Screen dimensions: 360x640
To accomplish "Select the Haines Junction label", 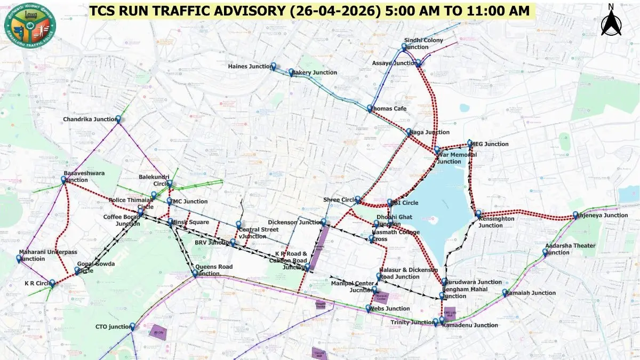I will (250, 67).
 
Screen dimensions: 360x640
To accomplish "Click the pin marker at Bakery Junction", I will (292, 72).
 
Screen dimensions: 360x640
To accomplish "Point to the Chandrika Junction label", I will (89, 119).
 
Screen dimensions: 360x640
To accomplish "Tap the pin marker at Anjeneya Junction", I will (576, 215).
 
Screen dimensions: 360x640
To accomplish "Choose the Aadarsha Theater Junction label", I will (570, 249).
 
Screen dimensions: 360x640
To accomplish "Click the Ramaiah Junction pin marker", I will (505, 293).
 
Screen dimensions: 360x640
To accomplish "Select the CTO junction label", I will (112, 326).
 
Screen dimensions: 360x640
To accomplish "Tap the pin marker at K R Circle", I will (52, 283).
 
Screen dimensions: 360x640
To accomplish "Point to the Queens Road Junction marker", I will (195, 273).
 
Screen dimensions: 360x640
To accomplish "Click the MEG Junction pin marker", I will (470, 143).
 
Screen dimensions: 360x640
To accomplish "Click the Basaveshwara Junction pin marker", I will (63, 180).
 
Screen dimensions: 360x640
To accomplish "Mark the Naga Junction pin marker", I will (409, 132).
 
